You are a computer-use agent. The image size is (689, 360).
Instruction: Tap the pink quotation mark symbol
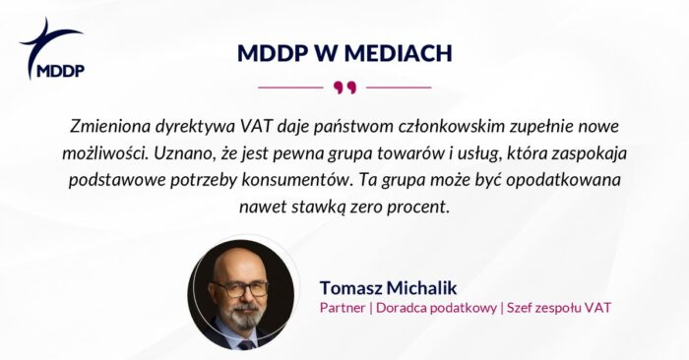[344, 88]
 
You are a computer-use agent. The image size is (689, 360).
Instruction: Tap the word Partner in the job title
[344, 308]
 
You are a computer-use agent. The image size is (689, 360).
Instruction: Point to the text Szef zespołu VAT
[558, 308]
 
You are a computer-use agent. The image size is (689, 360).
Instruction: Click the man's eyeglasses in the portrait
[240, 289]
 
